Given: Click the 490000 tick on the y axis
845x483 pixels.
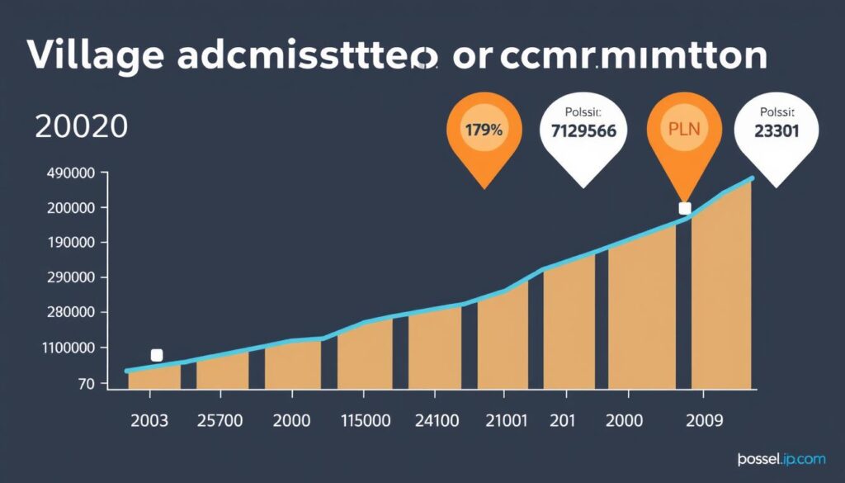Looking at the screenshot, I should coord(73,173).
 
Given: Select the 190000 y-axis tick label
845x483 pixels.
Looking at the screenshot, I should coord(73,244).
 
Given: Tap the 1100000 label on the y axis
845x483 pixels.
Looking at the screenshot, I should coord(69,348).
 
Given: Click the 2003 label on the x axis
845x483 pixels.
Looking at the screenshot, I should coord(149,420).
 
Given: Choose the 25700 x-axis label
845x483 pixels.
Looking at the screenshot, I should coord(220,420).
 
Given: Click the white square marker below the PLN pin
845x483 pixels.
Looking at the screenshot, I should coord(684,208).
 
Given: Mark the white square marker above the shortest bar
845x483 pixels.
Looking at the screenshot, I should coord(157,355).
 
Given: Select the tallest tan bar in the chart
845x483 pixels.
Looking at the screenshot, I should coord(721,289).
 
